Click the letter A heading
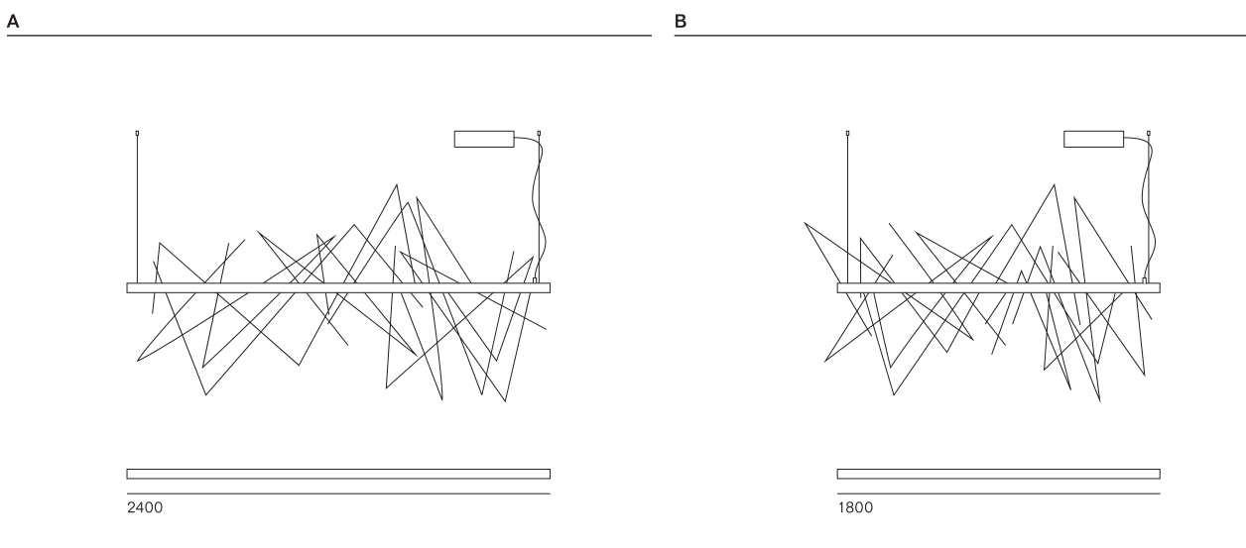click(x=12, y=16)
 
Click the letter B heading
click(x=681, y=16)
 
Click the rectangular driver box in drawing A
click(x=484, y=139)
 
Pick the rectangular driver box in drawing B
click(x=1093, y=139)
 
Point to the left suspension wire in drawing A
click(x=137, y=208)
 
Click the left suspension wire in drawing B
click(x=847, y=208)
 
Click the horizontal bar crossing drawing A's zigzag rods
click(x=338, y=288)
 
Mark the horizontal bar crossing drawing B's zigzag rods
click(x=998, y=288)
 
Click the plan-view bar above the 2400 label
click(x=338, y=474)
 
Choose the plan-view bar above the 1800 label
click(x=998, y=474)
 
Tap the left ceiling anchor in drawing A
click(x=137, y=133)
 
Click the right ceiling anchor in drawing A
click(x=539, y=133)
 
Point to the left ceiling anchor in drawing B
click(x=847, y=133)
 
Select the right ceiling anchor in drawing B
click(x=1149, y=133)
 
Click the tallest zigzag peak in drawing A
click(x=397, y=184)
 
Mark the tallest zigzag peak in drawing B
click(x=1053, y=185)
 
